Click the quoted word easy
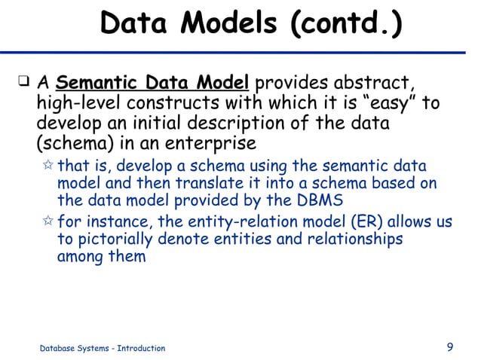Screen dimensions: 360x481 click(x=378, y=102)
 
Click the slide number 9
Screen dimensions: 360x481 click(x=450, y=347)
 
